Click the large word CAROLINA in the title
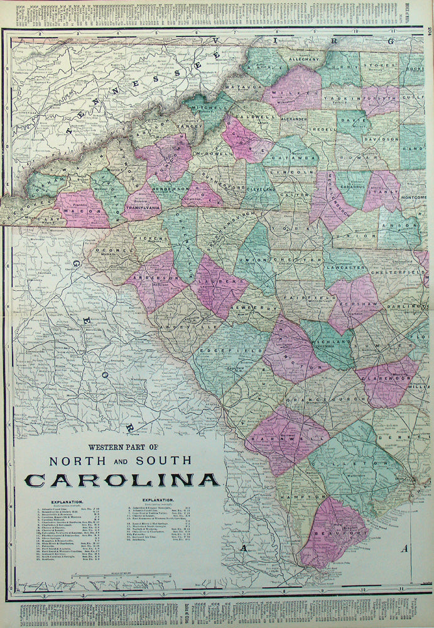pyautogui.click(x=122, y=480)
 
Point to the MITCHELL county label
pyautogui.click(x=206, y=108)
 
